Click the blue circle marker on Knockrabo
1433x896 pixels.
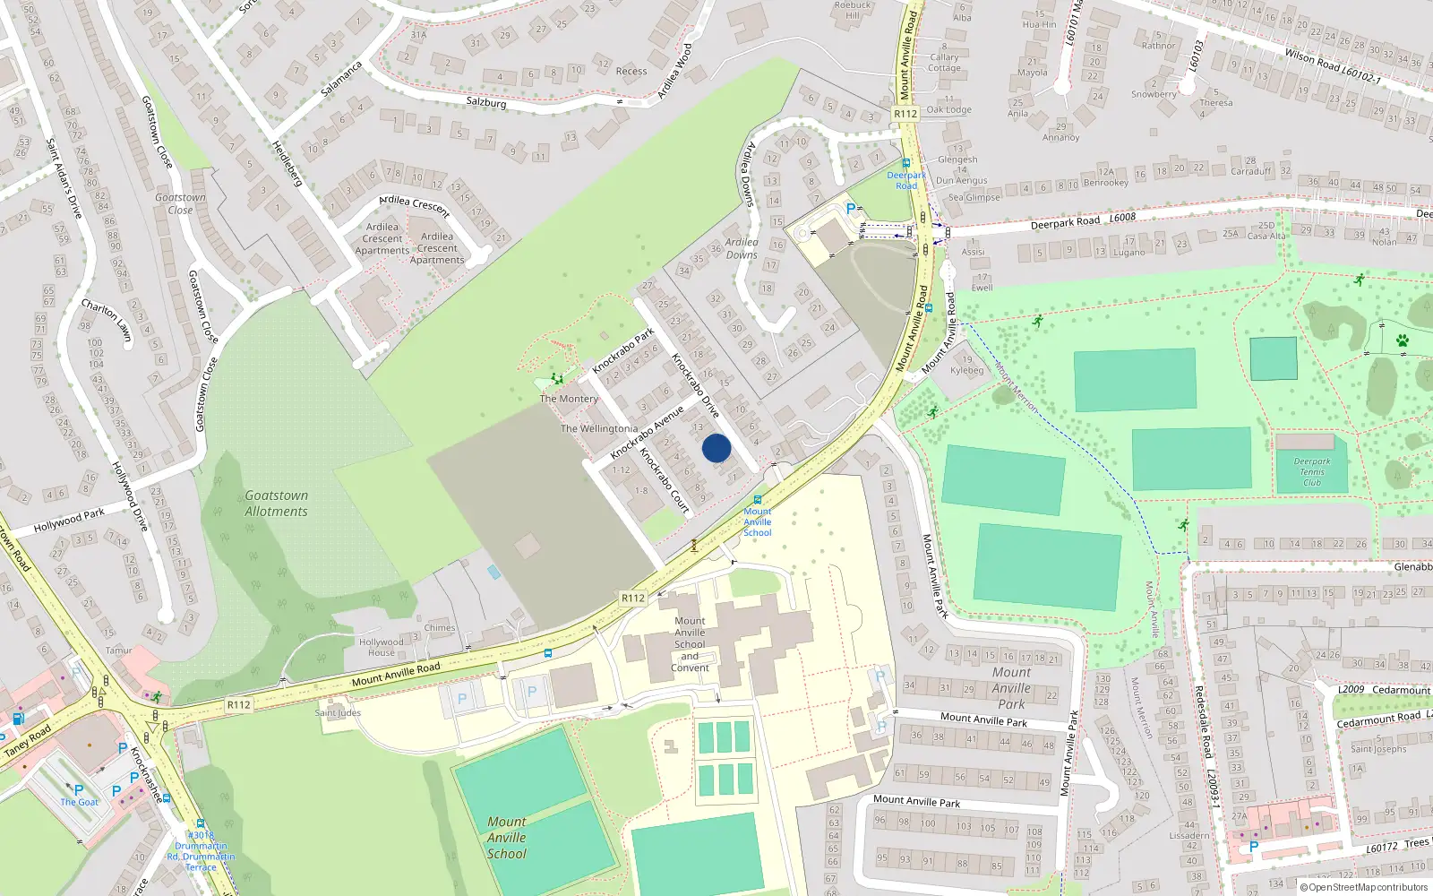(716, 448)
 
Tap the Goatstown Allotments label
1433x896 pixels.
(276, 504)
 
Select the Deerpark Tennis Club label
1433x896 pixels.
(1312, 472)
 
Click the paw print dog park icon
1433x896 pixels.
(1403, 340)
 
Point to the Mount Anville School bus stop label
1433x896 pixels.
(757, 521)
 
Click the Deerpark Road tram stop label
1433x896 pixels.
(906, 180)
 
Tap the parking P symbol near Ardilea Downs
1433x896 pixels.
(850, 209)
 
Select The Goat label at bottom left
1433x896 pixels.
(79, 802)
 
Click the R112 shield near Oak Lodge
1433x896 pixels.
(905, 114)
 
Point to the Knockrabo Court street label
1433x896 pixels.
(665, 481)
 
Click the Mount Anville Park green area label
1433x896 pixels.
(1011, 688)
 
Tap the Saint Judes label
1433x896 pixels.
(338, 713)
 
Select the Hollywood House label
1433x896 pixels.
(381, 647)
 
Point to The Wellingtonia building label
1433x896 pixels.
(599, 428)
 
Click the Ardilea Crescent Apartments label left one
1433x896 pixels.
(382, 238)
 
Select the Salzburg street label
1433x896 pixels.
(486, 102)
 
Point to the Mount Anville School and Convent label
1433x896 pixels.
(690, 644)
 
